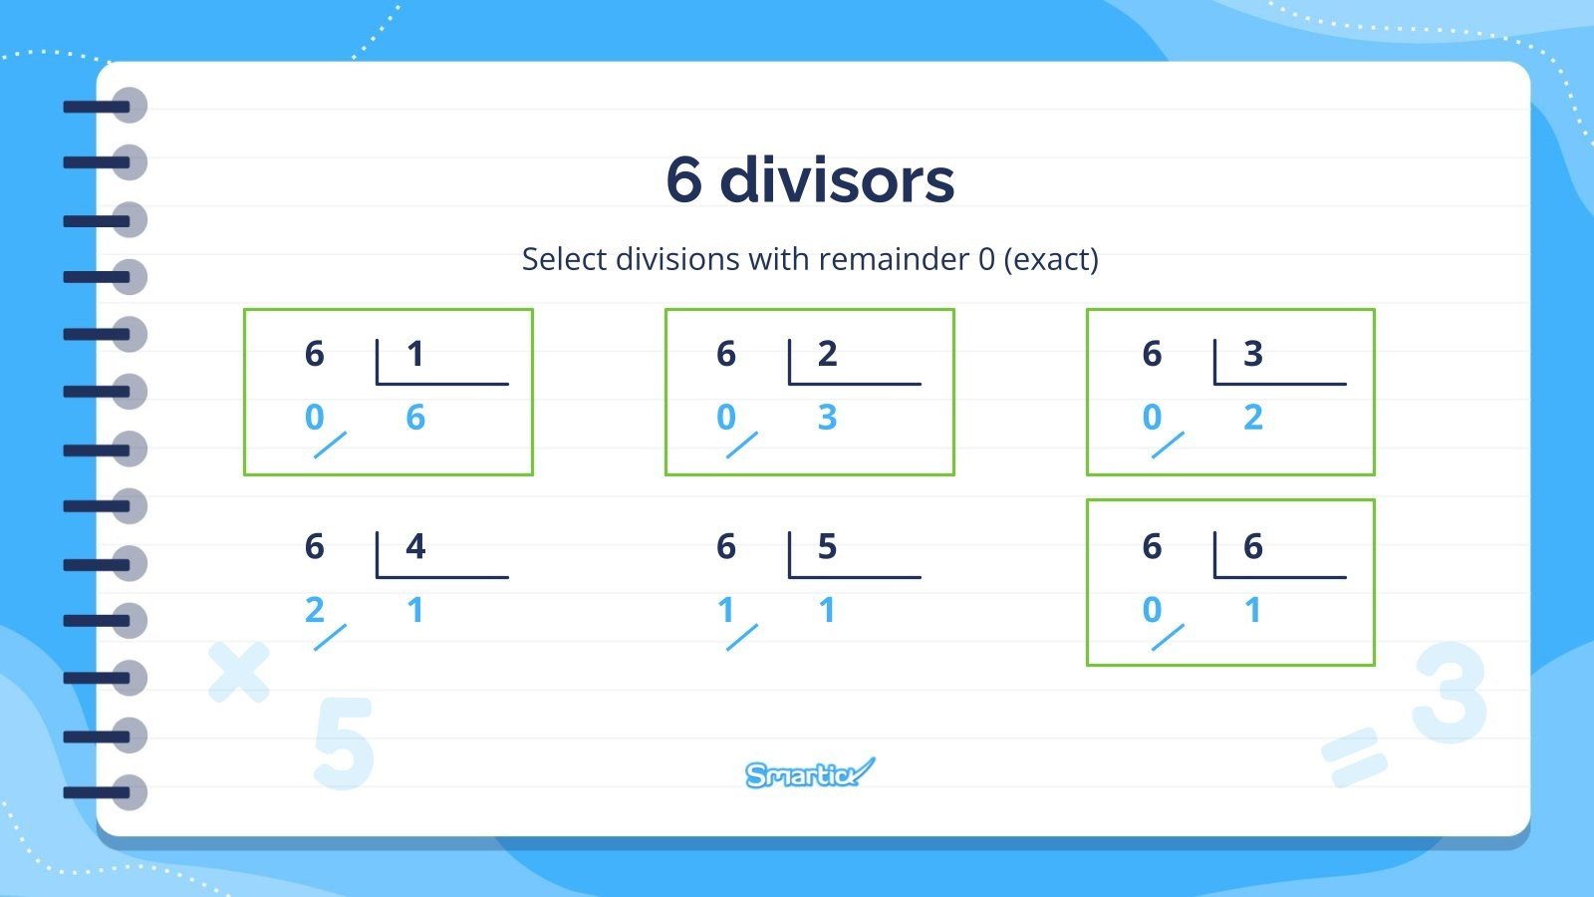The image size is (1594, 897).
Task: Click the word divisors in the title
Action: coord(837,180)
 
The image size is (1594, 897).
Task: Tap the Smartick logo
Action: coord(809,773)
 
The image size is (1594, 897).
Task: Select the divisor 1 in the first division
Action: coord(415,354)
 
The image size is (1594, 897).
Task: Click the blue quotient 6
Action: coord(415,418)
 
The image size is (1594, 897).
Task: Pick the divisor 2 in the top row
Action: coord(827,354)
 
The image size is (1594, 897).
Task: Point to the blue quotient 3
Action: coord(827,418)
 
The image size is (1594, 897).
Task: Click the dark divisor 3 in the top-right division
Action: coord(1253,354)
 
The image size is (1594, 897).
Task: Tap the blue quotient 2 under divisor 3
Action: coord(1253,418)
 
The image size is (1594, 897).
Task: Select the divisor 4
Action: coord(415,546)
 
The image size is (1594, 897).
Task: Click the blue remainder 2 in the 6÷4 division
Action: coord(314,610)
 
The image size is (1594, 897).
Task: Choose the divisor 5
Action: coord(827,546)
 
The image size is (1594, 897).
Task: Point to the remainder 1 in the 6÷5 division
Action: coord(725,610)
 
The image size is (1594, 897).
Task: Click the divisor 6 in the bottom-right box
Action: coord(1253,546)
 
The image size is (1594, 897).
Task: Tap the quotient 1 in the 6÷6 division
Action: coord(1253,610)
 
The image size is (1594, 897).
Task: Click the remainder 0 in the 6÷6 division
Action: coord(1152,610)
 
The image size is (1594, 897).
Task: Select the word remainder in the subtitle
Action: coord(894,259)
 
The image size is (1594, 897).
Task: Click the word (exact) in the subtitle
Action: coord(1051,259)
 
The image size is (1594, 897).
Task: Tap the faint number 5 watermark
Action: coord(343,744)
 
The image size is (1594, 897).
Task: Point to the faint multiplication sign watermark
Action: coord(239,672)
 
